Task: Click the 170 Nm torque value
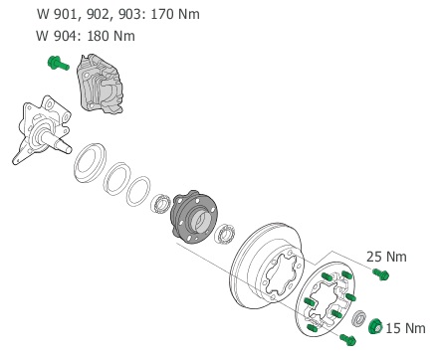(175, 14)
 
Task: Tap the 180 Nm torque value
(110, 36)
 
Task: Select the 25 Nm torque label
(386, 257)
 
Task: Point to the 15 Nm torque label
(405, 328)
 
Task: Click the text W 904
(57, 36)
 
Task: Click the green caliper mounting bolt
(59, 63)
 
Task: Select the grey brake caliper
(101, 84)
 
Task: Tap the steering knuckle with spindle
(42, 129)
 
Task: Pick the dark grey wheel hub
(194, 217)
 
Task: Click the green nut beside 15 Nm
(375, 326)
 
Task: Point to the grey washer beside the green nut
(359, 318)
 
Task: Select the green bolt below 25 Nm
(380, 274)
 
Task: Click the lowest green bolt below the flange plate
(347, 339)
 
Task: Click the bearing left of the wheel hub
(161, 204)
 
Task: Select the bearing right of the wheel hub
(225, 234)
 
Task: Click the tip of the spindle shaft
(69, 150)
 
